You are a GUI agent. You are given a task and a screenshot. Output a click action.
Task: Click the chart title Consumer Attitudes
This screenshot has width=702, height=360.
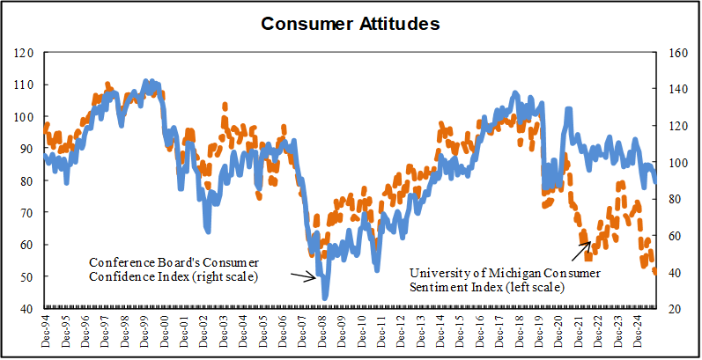click(x=351, y=24)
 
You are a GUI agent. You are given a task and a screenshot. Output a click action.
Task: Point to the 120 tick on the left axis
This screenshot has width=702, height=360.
click(x=24, y=53)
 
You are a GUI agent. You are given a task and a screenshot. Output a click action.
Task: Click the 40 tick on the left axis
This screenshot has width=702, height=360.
click(x=26, y=309)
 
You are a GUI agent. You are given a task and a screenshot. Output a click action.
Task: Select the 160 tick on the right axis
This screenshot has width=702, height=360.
click(x=676, y=53)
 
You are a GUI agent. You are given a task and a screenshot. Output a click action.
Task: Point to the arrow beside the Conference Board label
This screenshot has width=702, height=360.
click(x=303, y=276)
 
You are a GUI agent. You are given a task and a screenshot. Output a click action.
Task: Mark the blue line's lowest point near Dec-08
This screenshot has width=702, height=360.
click(x=325, y=298)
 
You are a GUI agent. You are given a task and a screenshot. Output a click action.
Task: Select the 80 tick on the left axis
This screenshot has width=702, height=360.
click(x=26, y=181)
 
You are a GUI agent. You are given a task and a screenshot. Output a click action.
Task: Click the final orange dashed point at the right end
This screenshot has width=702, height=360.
click(x=655, y=272)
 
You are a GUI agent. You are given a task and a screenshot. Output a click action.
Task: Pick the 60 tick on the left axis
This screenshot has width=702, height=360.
click(x=26, y=245)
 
